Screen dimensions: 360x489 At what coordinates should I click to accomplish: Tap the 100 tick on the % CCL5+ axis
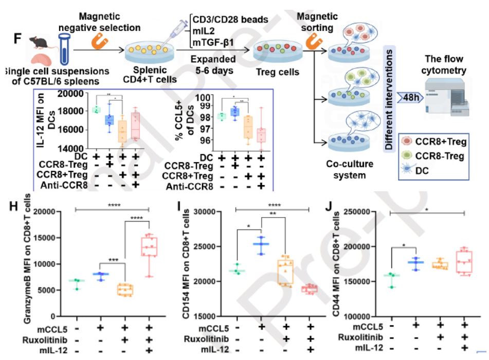206,97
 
